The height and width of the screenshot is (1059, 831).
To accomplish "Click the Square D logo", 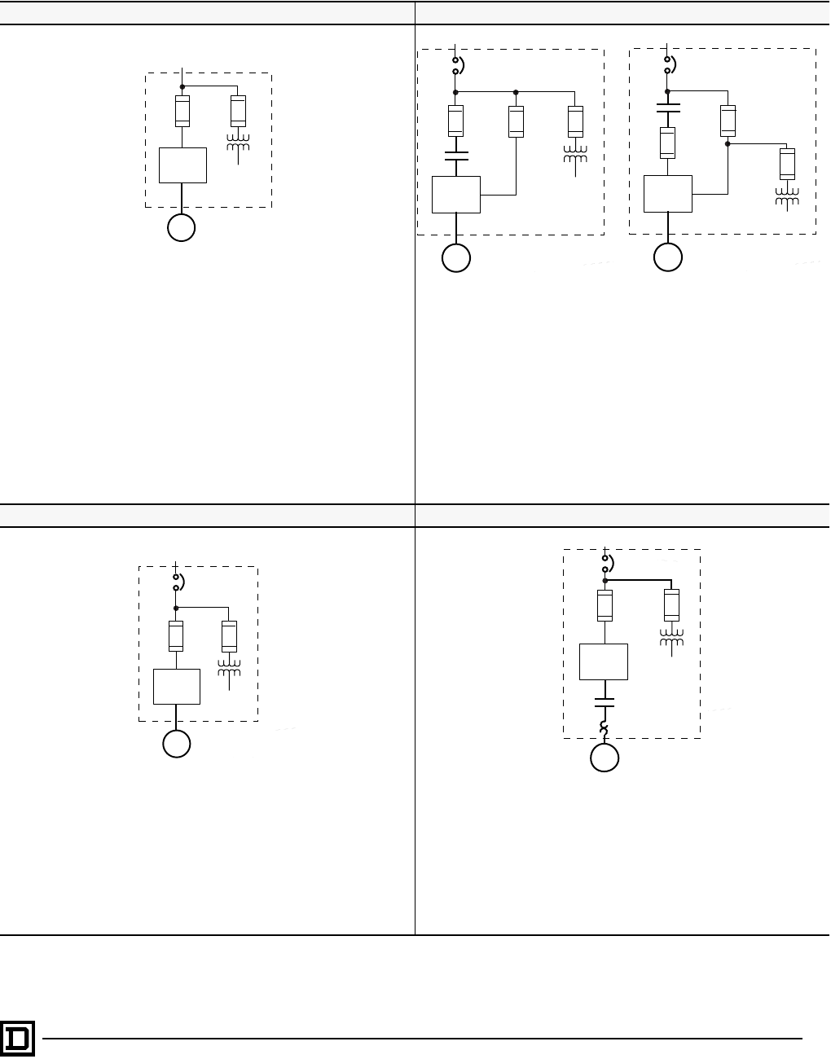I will (x=17, y=1039).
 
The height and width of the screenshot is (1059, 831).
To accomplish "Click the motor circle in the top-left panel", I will (x=182, y=228).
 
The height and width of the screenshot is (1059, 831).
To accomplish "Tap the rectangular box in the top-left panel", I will (x=182, y=165).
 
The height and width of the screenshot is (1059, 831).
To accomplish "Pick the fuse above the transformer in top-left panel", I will (x=238, y=110).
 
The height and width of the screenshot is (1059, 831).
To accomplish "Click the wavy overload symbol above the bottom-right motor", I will (x=605, y=727).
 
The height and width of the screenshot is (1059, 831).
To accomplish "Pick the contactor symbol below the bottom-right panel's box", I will (x=605, y=703).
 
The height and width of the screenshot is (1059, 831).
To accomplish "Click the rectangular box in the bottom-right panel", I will (x=604, y=661).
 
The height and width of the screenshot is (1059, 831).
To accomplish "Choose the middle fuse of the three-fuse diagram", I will (x=516, y=121).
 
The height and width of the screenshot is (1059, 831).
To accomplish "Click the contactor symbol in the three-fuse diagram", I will (x=456, y=156).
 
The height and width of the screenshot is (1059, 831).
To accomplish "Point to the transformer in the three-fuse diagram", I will (x=575, y=155).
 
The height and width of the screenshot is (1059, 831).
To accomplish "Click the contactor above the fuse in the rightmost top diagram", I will (x=667, y=108).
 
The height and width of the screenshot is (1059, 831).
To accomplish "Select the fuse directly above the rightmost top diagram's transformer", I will (x=787, y=164).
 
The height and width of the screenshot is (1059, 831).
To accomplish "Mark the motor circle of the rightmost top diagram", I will (x=668, y=257).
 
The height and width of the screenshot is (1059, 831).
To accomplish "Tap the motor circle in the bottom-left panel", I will (x=177, y=744).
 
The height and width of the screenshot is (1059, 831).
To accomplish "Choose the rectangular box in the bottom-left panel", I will (x=177, y=687).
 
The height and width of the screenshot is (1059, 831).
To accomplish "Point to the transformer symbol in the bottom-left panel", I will (x=229, y=667).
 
